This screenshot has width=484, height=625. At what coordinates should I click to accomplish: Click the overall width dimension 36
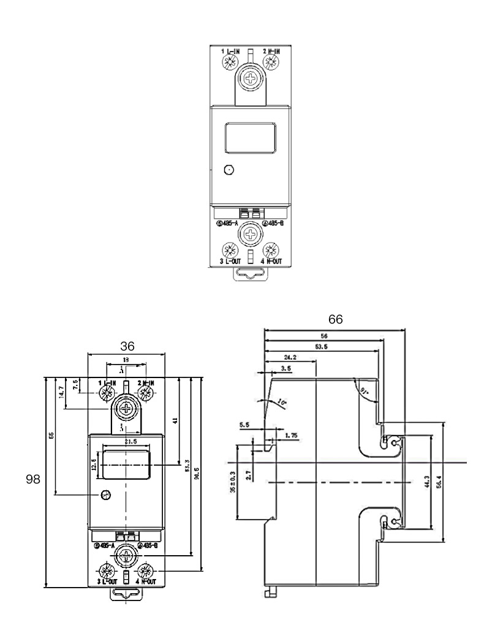127,346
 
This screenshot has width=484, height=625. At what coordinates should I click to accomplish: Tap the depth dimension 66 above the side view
335,319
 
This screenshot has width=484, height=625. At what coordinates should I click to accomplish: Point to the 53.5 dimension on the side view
321,346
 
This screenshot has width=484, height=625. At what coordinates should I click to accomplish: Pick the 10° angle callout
281,403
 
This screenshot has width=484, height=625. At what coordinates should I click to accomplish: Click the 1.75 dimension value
292,436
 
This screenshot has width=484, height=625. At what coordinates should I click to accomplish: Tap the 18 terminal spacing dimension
126,360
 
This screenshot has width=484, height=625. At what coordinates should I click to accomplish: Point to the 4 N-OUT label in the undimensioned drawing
270,261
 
